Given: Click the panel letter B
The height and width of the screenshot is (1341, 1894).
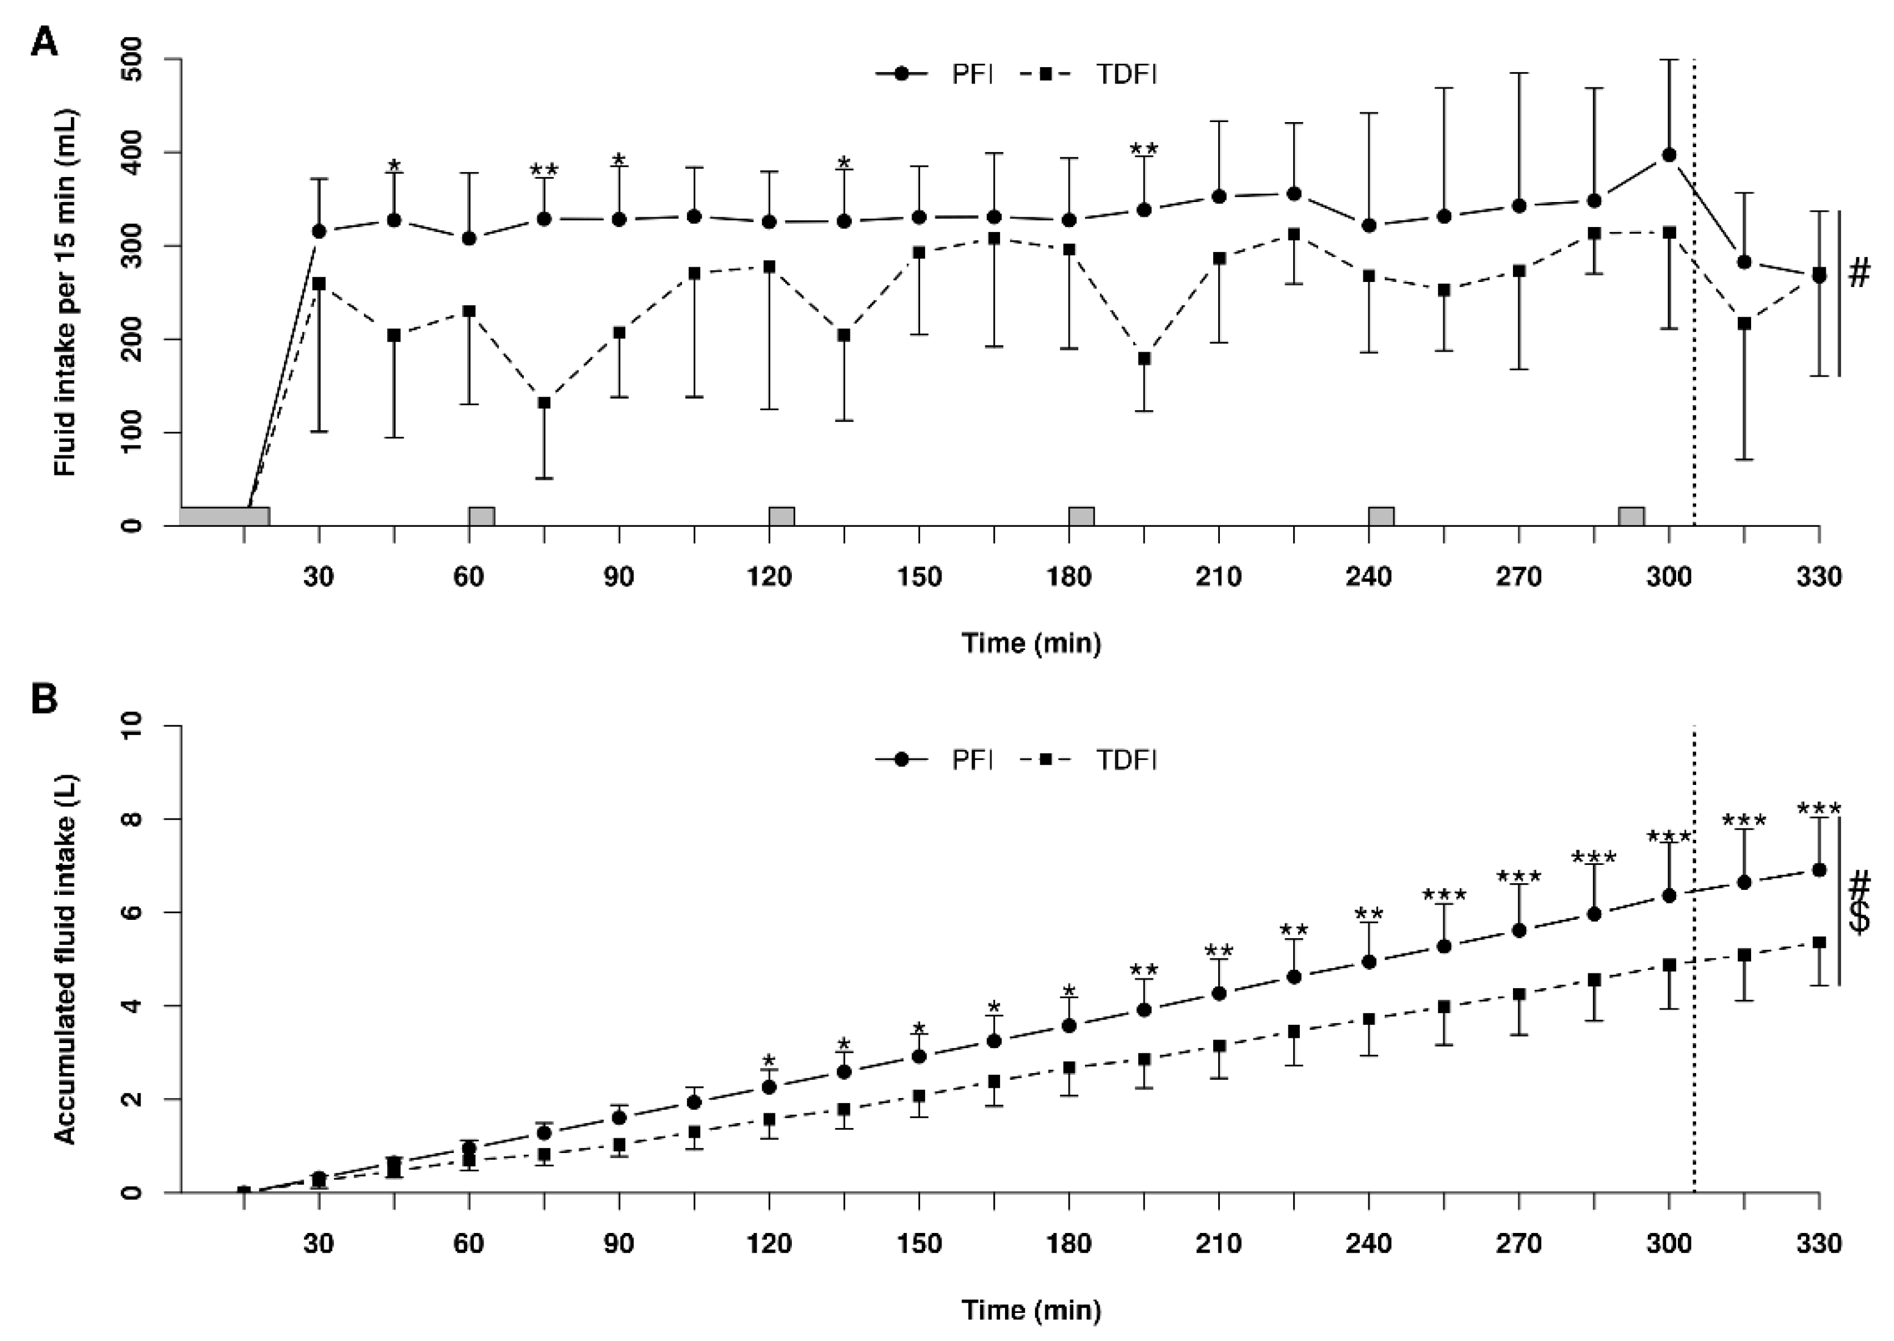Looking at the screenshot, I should (x=45, y=700).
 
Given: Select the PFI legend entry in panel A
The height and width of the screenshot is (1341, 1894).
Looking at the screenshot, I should (x=934, y=74).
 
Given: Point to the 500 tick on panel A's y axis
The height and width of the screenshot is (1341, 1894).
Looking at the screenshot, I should (x=132, y=59).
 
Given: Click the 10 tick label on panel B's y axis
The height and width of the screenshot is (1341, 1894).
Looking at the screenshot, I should (x=132, y=726).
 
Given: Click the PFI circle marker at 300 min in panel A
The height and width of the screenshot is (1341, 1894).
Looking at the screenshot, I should (x=1669, y=154).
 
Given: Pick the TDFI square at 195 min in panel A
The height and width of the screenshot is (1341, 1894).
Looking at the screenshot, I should (x=1144, y=358).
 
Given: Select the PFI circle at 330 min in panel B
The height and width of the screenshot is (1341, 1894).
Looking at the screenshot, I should (x=1819, y=870).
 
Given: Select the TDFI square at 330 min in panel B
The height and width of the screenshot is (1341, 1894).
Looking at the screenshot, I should (x=1819, y=942).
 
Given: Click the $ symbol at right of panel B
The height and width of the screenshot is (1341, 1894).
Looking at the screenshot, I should (x=1859, y=917).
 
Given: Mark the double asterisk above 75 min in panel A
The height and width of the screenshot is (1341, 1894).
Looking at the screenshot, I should (x=543, y=171).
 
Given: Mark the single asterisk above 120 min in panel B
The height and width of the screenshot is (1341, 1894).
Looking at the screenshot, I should (x=769, y=1060).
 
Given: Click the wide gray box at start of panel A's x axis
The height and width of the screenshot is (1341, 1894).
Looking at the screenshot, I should (x=225, y=516).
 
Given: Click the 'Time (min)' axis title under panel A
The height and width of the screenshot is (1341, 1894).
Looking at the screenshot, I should (x=1031, y=643).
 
